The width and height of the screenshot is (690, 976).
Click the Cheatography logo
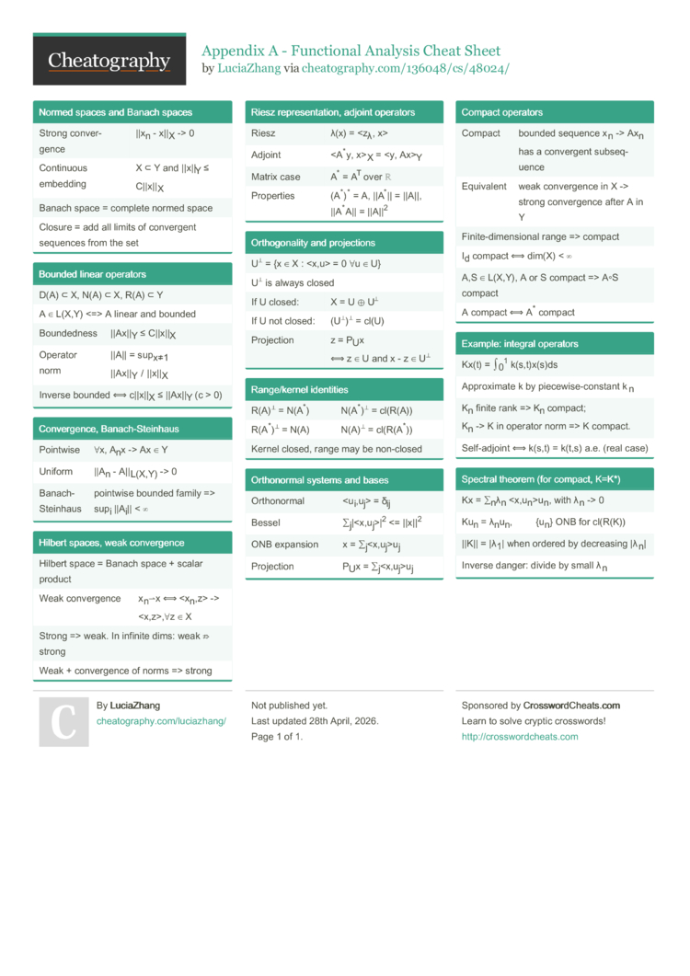(109, 61)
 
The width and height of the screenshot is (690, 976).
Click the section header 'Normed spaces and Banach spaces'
(116, 112)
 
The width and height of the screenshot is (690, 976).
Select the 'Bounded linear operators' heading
(92, 274)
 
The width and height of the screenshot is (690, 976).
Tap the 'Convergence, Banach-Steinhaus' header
(109, 429)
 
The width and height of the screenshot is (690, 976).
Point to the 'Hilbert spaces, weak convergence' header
(111, 543)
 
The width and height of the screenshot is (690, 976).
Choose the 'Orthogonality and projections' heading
(313, 243)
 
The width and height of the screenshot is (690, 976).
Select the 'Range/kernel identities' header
(301, 388)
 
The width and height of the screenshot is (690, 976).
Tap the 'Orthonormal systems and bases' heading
(319, 480)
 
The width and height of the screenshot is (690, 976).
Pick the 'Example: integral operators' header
(520, 344)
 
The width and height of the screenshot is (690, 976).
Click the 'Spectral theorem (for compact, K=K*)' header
(541, 480)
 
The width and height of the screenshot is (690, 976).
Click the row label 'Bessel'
(266, 522)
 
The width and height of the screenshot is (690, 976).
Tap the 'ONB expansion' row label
(285, 545)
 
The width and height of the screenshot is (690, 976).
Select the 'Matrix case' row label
(276, 177)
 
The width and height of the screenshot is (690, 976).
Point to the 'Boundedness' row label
(68, 333)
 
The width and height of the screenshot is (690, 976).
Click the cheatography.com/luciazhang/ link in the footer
(161, 721)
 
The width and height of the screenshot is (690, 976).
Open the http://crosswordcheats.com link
(520, 737)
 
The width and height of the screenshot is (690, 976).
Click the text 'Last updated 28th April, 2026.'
(315, 721)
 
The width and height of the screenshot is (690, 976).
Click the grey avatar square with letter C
(63, 721)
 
